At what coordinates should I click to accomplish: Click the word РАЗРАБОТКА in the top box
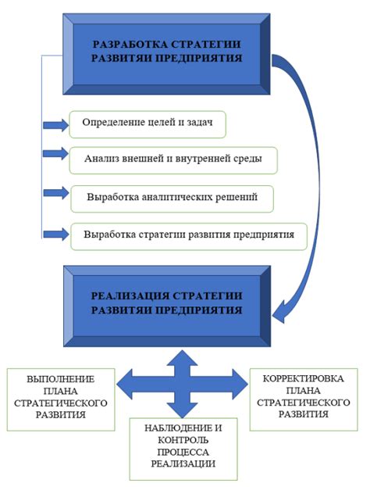point(126,45)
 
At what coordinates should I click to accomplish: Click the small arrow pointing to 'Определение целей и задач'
point(55,124)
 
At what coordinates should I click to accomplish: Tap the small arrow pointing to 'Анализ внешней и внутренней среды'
point(55,154)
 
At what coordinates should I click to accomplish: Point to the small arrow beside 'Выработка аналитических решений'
point(55,192)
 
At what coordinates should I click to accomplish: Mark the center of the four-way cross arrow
point(181,383)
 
